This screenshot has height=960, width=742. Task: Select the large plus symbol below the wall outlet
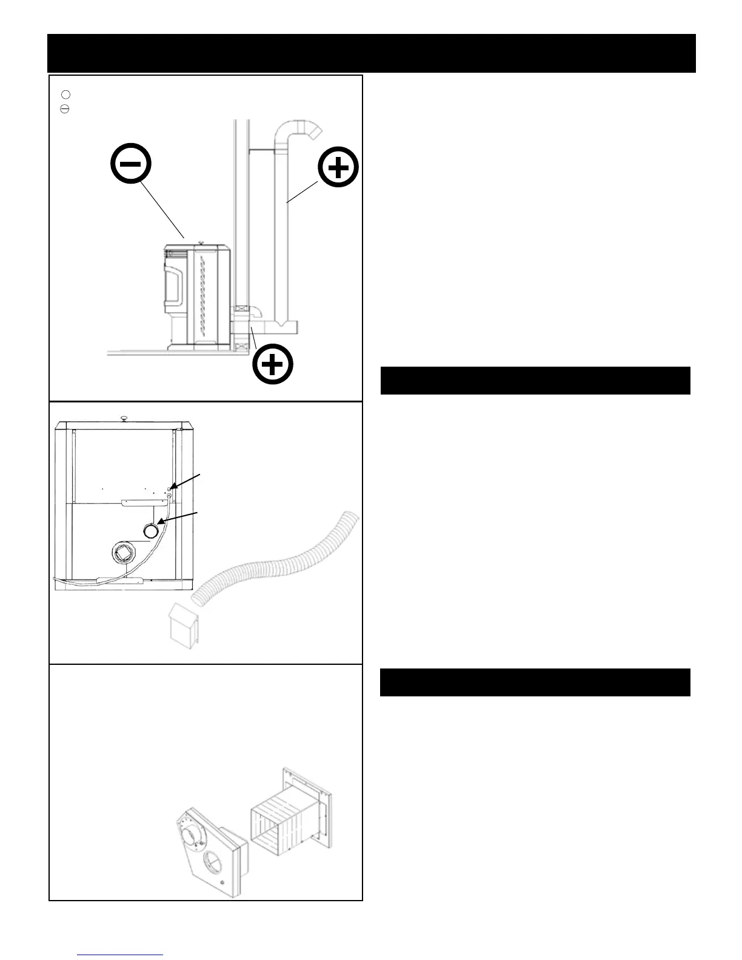pyautogui.click(x=273, y=365)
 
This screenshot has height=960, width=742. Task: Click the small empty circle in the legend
pyautogui.click(x=65, y=94)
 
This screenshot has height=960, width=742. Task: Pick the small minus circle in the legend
pyautogui.click(x=65, y=109)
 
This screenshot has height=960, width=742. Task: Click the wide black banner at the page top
pyautogui.click(x=371, y=53)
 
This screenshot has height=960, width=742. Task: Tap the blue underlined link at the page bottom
pyautogui.click(x=121, y=953)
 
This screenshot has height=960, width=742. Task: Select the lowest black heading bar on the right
pyautogui.click(x=535, y=682)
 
